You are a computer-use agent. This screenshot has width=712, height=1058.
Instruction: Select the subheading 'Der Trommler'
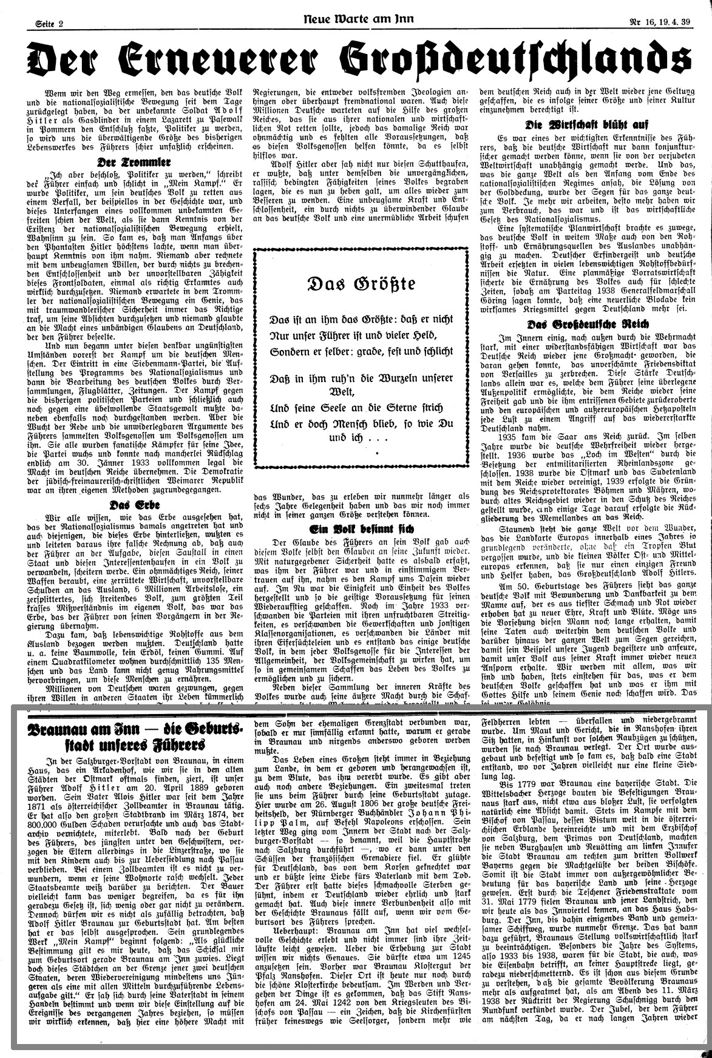132,163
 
